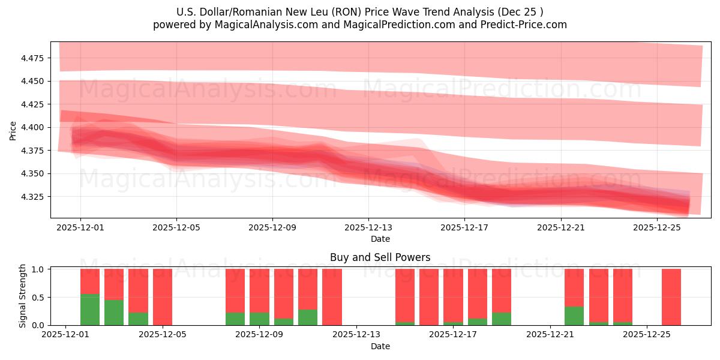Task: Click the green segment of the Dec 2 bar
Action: (90, 310)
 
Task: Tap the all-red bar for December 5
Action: (163, 297)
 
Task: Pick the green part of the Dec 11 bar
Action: (308, 317)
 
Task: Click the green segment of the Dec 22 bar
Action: (574, 316)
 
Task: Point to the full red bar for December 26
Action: (671, 297)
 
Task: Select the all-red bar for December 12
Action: (332, 297)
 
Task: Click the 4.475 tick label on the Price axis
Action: (34, 58)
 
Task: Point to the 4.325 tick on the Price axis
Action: (34, 197)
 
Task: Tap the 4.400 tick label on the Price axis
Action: (34, 127)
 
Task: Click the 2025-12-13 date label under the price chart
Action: (368, 228)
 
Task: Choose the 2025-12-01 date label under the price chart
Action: (80, 228)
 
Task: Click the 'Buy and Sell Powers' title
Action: (380, 257)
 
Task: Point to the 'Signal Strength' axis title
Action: (23, 296)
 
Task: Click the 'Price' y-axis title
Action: (13, 130)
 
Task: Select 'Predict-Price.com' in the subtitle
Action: (526, 25)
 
